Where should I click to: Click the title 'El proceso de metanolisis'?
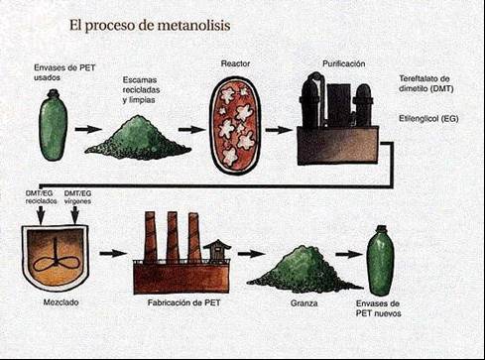tap(150, 26)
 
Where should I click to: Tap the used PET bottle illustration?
tap(54, 125)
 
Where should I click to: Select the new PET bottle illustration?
tap(381, 260)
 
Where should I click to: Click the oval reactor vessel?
tap(236, 127)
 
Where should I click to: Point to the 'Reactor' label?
tap(235, 63)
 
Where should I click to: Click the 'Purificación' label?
tap(344, 63)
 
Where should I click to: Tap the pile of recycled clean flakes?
tap(138, 137)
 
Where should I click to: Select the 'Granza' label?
tap(304, 303)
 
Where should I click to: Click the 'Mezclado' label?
tap(61, 302)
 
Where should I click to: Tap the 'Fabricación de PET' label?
tap(183, 302)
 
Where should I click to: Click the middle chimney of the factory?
tap(173, 237)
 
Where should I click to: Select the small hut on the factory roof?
tap(217, 250)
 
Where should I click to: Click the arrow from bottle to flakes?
tap(88, 129)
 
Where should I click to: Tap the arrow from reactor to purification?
tap(279, 130)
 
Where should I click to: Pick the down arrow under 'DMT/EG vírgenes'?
tap(75, 215)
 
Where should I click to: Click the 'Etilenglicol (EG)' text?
tap(428, 118)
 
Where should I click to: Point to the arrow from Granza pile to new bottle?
tap(349, 254)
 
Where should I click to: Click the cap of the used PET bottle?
tap(53, 93)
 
